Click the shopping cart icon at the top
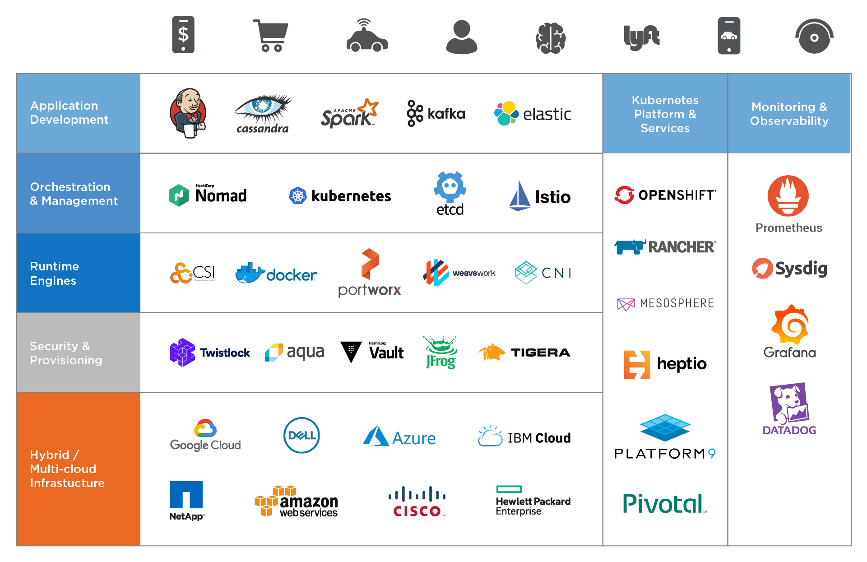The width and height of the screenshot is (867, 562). pyautogui.click(x=271, y=36)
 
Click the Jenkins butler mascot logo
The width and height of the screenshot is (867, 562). pyautogui.click(x=188, y=113)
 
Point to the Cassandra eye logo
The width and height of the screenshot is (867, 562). pyautogui.click(x=263, y=108)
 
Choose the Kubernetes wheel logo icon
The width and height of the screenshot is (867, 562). pyautogui.click(x=297, y=196)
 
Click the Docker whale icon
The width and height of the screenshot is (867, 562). pyautogui.click(x=249, y=273)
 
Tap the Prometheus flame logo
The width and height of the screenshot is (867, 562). pyautogui.click(x=788, y=196)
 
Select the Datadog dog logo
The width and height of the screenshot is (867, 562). pyautogui.click(x=788, y=403)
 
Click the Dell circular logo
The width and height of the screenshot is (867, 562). pyautogui.click(x=301, y=436)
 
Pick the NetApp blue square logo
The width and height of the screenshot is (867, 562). pyautogui.click(x=186, y=495)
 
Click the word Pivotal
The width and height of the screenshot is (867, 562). pyautogui.click(x=663, y=503)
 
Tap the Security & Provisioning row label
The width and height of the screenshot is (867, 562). pyautogui.click(x=66, y=353)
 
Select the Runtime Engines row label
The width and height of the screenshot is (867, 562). pyautogui.click(x=54, y=273)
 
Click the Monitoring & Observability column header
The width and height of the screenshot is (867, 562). pyautogui.click(x=789, y=114)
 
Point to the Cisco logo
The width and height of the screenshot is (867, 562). pyautogui.click(x=417, y=502)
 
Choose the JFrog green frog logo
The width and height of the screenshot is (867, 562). pyautogui.click(x=441, y=352)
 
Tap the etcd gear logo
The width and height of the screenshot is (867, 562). pyautogui.click(x=450, y=187)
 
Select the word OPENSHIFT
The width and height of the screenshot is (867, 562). pyautogui.click(x=676, y=195)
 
